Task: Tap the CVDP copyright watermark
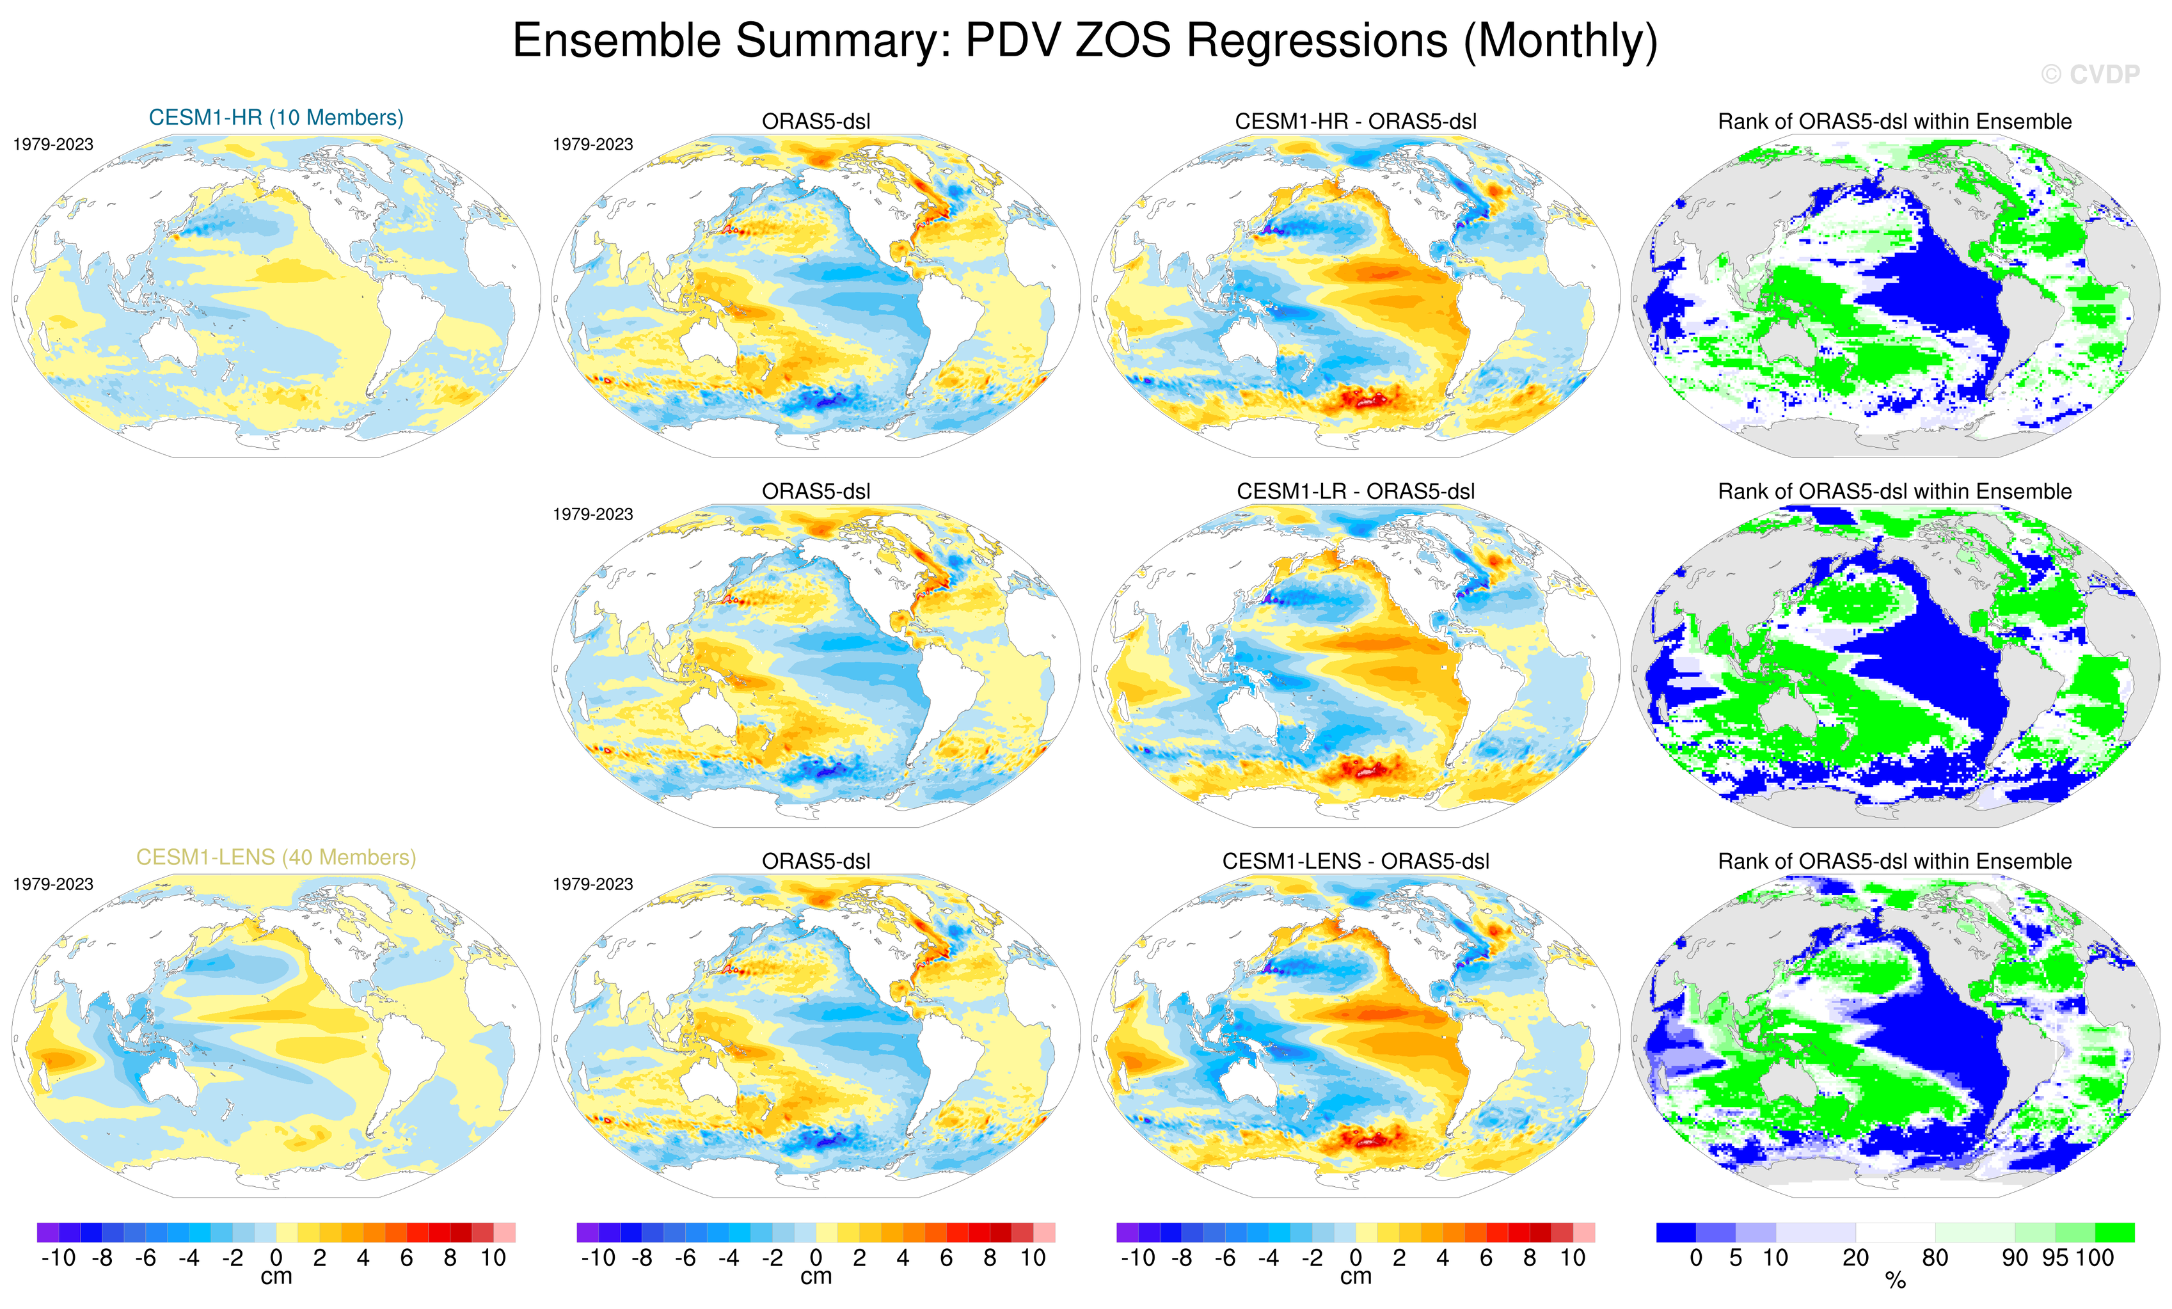pos(2089,75)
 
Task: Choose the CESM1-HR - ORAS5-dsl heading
pos(1355,122)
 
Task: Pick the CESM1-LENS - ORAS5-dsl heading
pos(1355,861)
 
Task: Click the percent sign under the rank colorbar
pos(1895,1281)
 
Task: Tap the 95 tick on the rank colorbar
pos(2055,1258)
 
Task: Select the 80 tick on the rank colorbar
pos(1935,1258)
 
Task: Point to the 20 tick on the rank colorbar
pos(1855,1258)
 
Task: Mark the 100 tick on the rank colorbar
pos(2095,1258)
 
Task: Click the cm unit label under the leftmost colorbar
pos(276,1276)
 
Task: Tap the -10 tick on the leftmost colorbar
pos(58,1258)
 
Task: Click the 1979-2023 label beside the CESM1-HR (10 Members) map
pos(53,145)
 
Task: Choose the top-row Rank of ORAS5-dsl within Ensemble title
pos(1894,122)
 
